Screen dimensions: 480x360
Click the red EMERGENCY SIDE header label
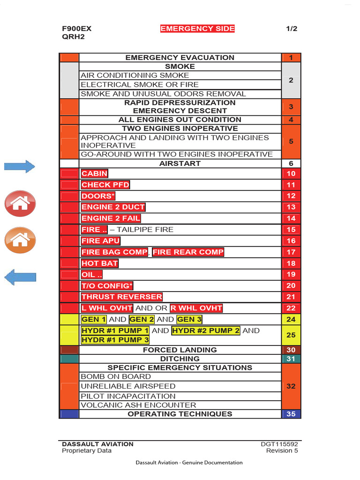point(197,29)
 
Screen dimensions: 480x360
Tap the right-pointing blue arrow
point(20,166)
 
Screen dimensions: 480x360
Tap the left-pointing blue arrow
point(20,277)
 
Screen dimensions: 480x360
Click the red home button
point(20,203)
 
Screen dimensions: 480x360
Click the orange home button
point(20,240)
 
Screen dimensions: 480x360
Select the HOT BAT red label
point(99,263)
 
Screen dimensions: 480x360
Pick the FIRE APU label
point(100,241)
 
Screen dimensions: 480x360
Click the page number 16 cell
point(291,241)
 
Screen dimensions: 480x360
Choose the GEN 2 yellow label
point(142,319)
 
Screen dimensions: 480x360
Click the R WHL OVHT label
point(196,308)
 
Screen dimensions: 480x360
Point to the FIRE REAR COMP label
point(188,252)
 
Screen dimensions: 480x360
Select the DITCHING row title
point(180,359)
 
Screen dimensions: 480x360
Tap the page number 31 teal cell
point(291,359)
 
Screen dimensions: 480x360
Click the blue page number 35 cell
point(291,414)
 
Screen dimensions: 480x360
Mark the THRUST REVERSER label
point(121,297)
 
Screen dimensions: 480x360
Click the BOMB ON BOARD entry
point(116,376)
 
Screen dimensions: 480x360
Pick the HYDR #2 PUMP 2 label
point(206,330)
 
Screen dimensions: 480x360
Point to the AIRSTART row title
point(180,164)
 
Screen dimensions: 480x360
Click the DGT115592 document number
point(279,444)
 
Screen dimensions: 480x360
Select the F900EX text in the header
point(76,29)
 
